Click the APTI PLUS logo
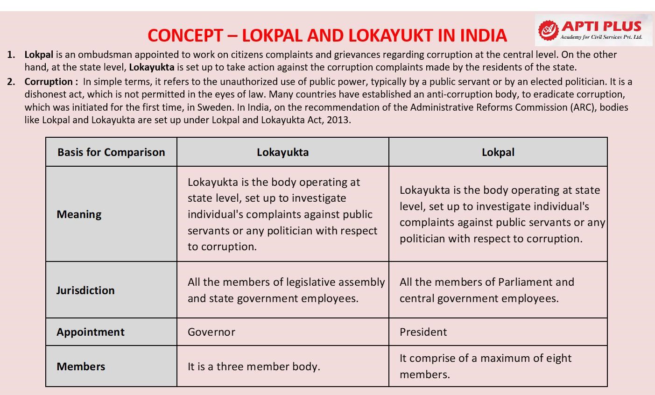click(x=593, y=30)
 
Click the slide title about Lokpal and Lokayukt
click(x=327, y=35)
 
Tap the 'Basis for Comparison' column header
click(x=111, y=152)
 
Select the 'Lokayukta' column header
click(x=282, y=152)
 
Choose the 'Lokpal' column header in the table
click(x=498, y=152)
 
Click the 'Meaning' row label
click(x=79, y=214)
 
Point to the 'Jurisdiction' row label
click(x=85, y=290)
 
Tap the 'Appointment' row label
click(x=91, y=332)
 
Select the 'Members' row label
click(x=81, y=367)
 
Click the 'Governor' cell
click(x=211, y=332)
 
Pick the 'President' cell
click(x=423, y=332)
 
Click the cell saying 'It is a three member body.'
click(x=254, y=367)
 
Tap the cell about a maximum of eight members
click(x=486, y=366)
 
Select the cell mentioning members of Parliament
click(x=486, y=290)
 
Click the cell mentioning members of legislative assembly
click(x=286, y=290)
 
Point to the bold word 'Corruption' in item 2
click(x=49, y=82)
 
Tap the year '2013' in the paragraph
click(x=338, y=120)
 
